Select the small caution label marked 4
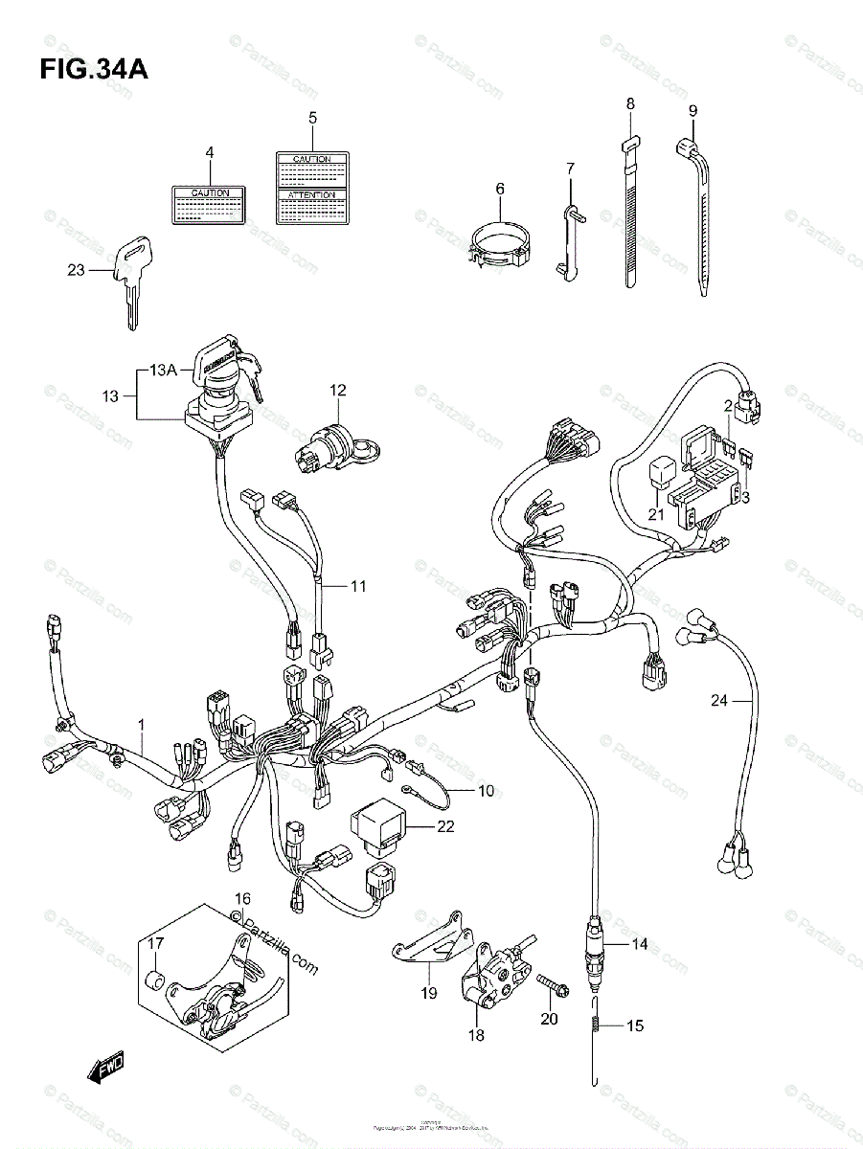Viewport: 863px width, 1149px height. click(211, 205)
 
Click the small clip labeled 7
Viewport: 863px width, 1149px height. click(568, 239)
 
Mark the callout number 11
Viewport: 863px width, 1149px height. click(357, 586)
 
